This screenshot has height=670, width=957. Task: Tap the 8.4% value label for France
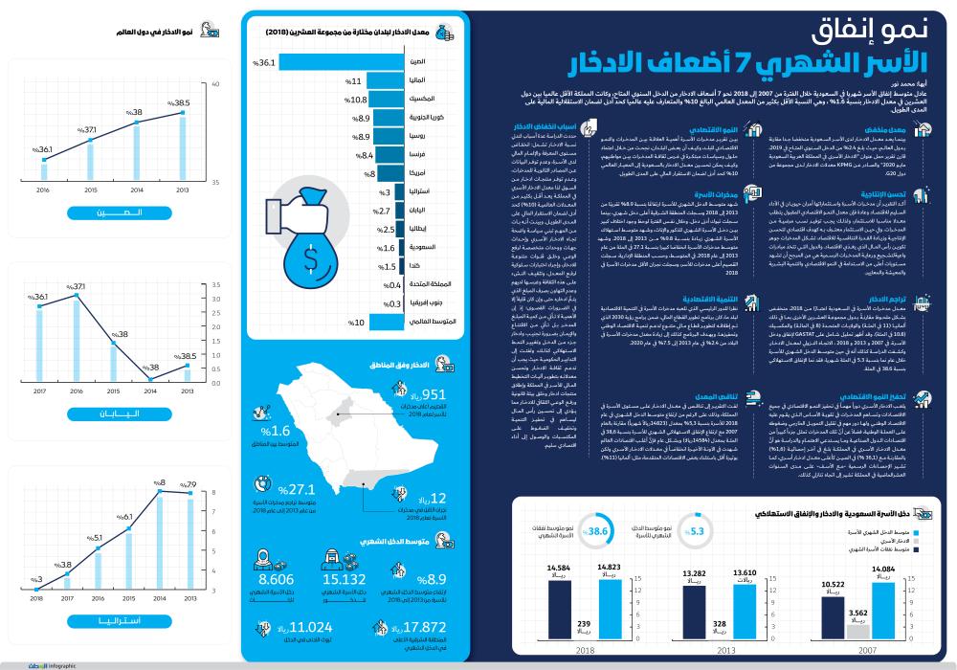(x=361, y=155)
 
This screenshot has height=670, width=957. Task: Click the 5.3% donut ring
(x=697, y=532)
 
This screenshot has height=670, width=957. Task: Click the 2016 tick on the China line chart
(x=43, y=190)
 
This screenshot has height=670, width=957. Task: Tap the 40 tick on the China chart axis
(x=215, y=83)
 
